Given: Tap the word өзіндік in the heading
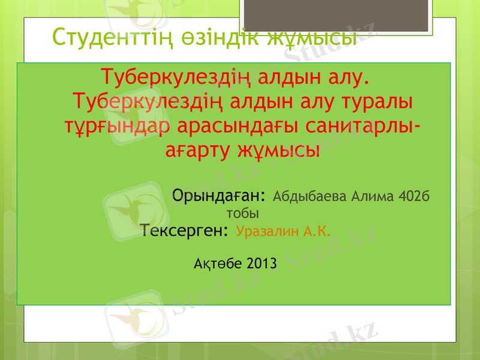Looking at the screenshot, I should click(x=214, y=37).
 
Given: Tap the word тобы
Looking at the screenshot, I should click(x=242, y=213).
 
